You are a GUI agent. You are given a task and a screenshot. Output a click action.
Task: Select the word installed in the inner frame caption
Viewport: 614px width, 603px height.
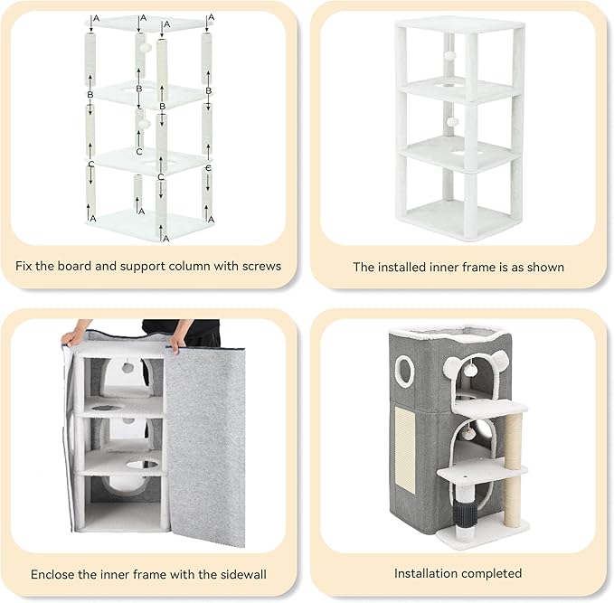[x=399, y=267]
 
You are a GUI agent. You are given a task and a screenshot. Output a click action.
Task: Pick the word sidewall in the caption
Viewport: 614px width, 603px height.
[x=244, y=574]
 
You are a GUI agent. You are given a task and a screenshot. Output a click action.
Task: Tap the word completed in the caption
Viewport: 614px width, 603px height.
[x=492, y=573]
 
